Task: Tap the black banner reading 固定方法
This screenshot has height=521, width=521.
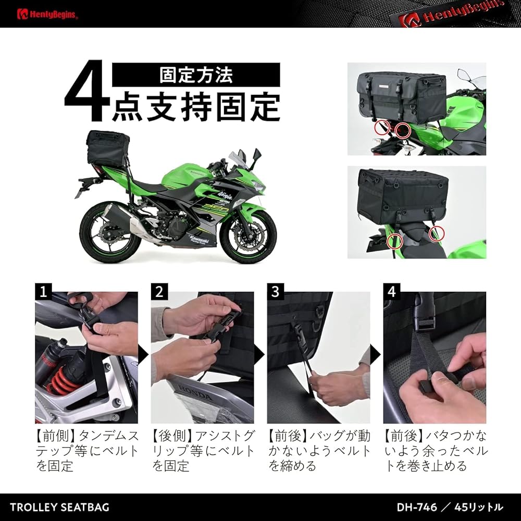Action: pos(196,75)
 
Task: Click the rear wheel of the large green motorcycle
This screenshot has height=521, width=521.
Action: pos(106,229)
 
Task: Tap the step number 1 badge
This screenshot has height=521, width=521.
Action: pos(43,291)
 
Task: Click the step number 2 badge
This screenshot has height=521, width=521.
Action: pos(159,291)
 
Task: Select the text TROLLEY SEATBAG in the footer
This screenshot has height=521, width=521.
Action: pos(59,507)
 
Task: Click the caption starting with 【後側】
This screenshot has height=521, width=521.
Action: pos(203,451)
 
